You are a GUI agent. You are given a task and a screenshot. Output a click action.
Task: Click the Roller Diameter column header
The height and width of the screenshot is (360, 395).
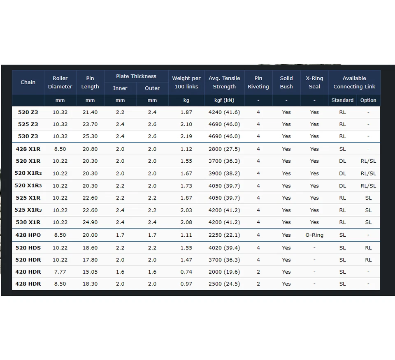60,82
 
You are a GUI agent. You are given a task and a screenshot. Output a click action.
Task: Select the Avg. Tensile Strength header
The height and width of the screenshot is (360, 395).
224,82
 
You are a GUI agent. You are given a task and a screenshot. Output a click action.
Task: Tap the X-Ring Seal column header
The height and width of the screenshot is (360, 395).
314,82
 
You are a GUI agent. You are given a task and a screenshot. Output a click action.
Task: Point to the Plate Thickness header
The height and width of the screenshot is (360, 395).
136,76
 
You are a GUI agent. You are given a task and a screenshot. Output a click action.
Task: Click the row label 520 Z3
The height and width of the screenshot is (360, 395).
28,112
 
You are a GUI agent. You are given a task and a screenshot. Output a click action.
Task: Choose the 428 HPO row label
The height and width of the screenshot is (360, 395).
28,235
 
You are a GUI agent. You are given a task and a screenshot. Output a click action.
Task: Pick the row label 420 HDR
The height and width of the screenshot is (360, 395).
28,272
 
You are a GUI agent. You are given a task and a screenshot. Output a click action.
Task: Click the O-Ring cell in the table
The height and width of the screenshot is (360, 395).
314,235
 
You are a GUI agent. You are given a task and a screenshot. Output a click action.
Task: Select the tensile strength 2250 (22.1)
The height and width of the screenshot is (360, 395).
224,235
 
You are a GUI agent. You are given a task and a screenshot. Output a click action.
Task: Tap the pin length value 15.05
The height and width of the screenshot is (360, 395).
90,272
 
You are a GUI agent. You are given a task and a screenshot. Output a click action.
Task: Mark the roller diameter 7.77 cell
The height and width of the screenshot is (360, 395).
60,272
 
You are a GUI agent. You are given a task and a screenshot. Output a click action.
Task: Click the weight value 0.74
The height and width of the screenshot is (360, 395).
186,272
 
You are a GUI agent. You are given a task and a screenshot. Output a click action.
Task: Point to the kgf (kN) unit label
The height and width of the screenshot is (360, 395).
224,100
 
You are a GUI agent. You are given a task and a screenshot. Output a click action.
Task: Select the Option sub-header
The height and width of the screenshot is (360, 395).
368,100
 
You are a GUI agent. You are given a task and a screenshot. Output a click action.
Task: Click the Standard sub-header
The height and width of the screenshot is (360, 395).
342,100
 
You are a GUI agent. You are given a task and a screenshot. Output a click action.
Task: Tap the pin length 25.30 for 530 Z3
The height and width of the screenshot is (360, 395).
90,136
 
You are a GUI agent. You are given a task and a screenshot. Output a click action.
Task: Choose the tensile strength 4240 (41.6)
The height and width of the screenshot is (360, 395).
224,112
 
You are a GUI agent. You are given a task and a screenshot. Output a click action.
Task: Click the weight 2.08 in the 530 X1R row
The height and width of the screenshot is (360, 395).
186,222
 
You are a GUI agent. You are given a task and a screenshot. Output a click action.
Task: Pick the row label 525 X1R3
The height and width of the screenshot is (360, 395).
28,210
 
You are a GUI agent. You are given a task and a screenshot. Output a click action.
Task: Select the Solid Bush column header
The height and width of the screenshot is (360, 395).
286,82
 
